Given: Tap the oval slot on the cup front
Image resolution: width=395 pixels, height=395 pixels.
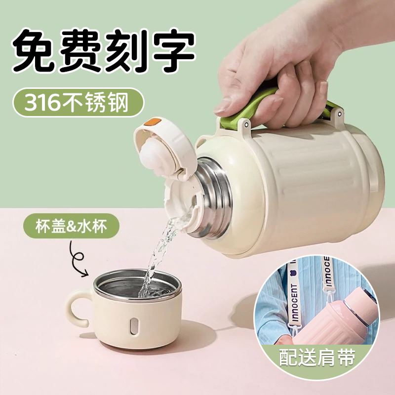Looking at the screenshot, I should [133, 326].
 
